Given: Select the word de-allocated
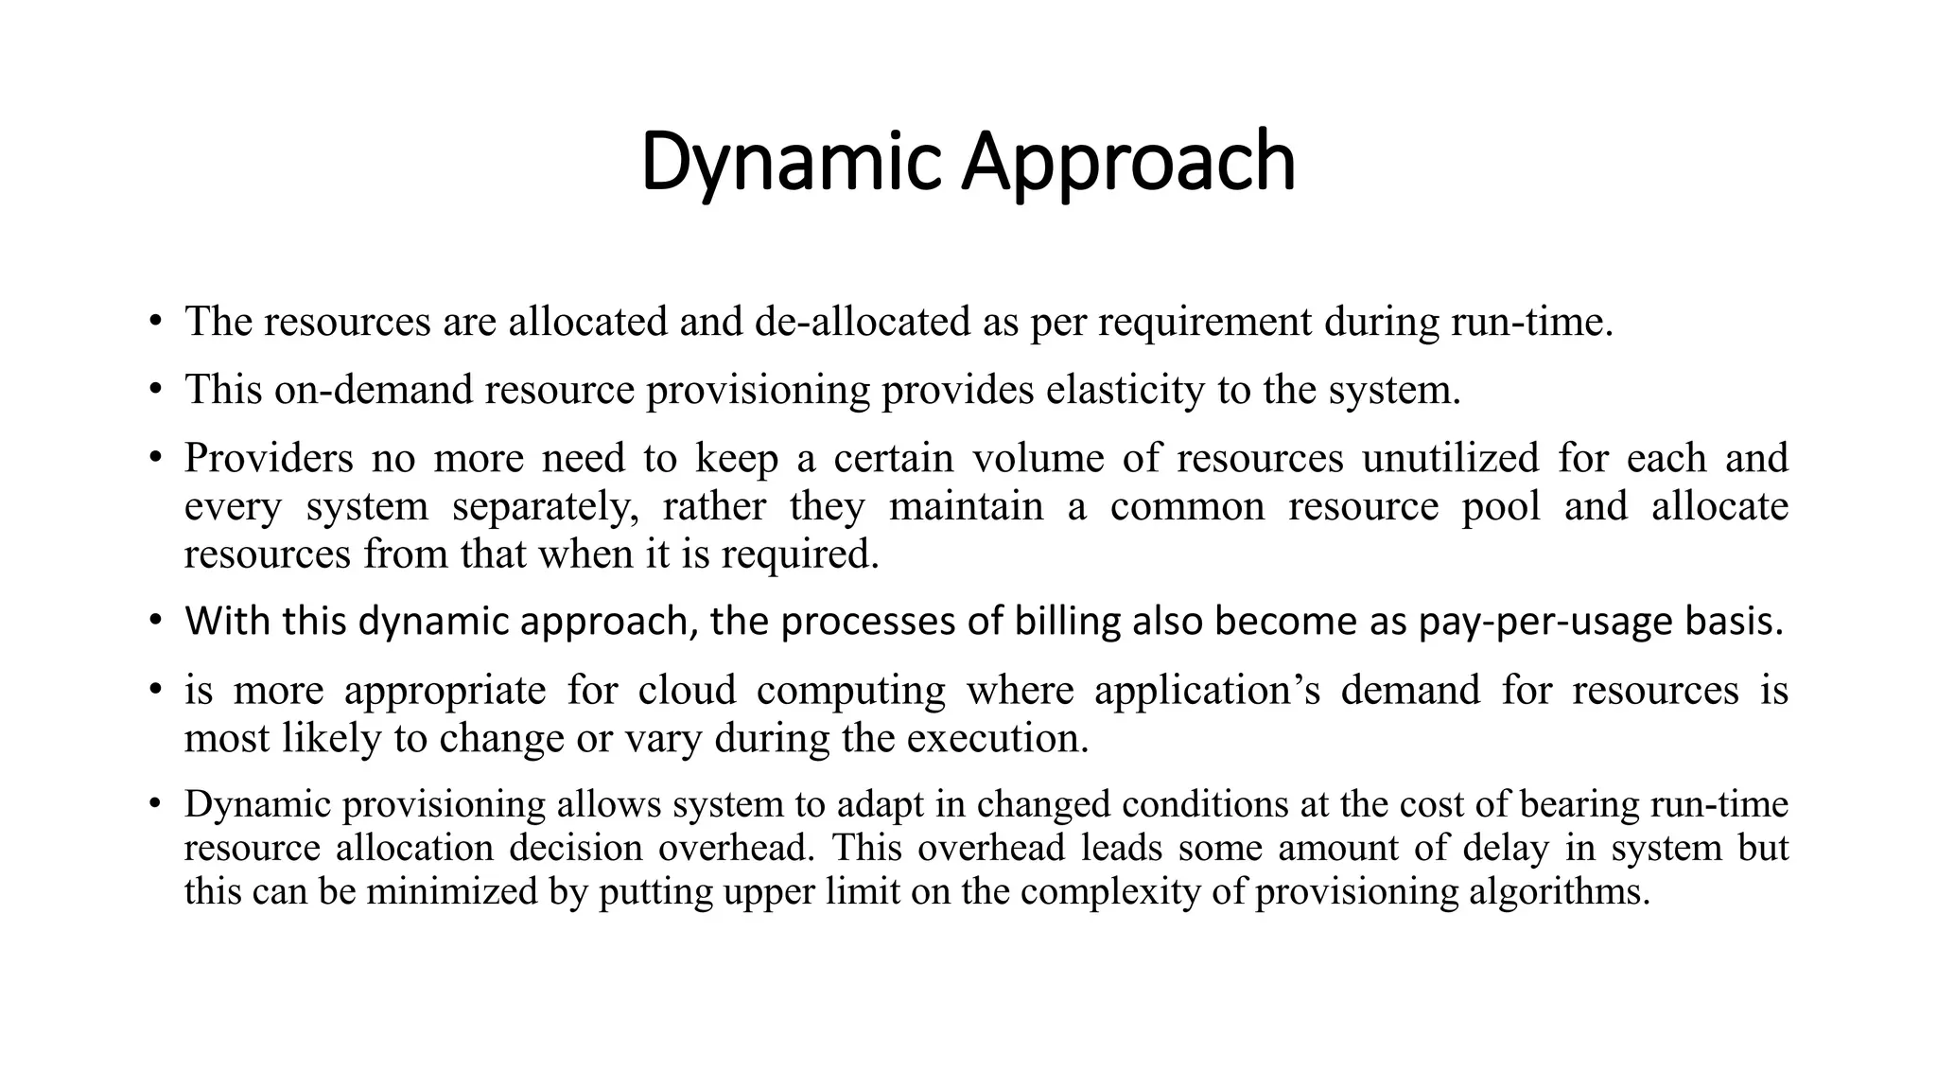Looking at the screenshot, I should pos(863,322).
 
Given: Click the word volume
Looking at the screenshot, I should pos(1038,458).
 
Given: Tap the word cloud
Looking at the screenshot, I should pos(687,690).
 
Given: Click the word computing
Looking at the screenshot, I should pos(850,690).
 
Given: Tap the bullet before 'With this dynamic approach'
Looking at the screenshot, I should pos(155,622).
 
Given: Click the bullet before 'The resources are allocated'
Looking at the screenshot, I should pos(155,322).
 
